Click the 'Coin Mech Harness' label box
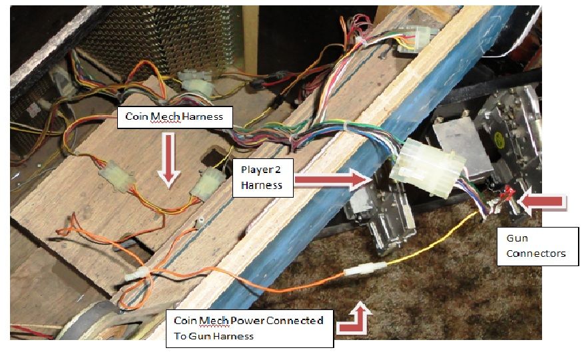tap(175, 118)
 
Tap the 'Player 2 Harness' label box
tap(263, 178)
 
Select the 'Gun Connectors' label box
tap(538, 246)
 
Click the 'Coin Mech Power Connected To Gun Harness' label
tap(249, 328)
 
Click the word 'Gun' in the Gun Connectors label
tap(517, 238)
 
